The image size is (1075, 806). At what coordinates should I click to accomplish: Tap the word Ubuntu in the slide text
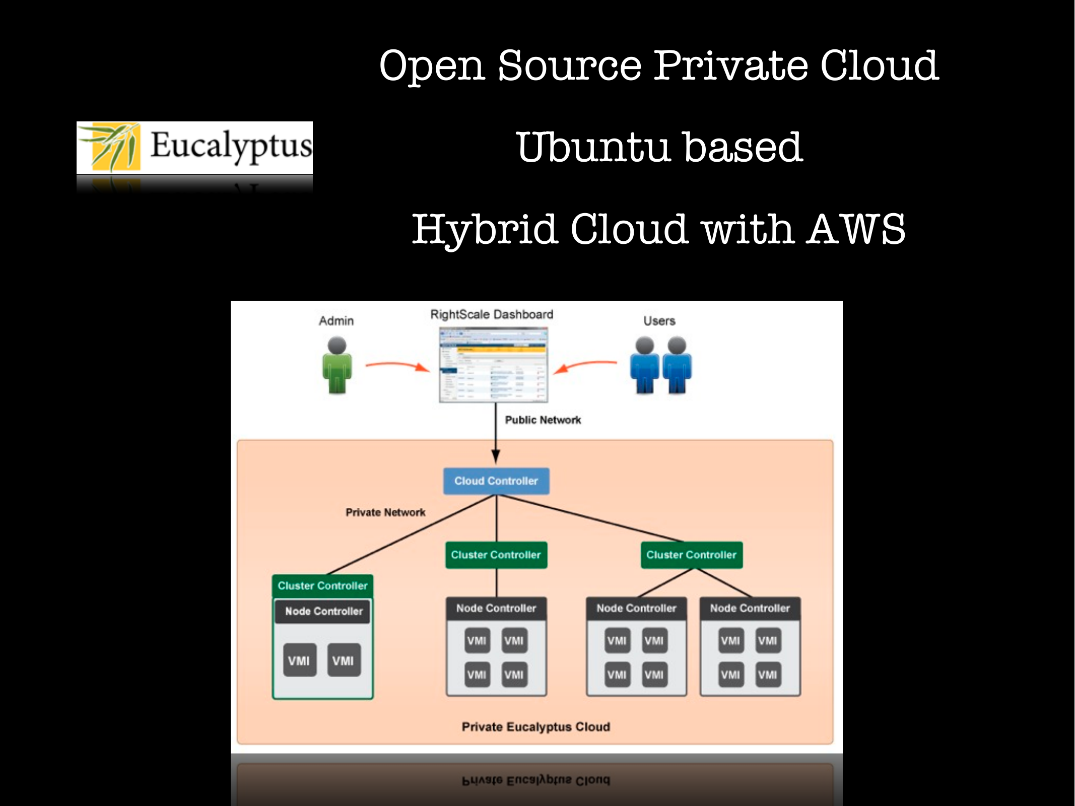pos(593,147)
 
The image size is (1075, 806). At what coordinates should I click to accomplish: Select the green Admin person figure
pos(337,366)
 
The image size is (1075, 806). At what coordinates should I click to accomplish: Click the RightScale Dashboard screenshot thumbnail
pos(493,365)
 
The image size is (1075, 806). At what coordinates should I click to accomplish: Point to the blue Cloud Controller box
pos(496,481)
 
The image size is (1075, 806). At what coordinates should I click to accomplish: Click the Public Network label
pos(543,420)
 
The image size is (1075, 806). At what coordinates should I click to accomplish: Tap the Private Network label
pos(385,512)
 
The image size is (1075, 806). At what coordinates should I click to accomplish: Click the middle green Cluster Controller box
pos(496,555)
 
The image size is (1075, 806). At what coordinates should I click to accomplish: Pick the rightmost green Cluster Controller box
pos(691,555)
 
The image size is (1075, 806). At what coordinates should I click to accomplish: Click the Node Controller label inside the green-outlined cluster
pos(323,611)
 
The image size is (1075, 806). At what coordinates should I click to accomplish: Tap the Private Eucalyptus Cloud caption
pos(536,727)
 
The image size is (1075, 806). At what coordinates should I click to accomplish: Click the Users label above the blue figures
pos(659,321)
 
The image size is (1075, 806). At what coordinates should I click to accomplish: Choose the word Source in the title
pos(569,65)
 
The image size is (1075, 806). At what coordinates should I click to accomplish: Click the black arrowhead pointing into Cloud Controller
pos(496,456)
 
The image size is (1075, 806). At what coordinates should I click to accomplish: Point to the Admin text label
pos(336,321)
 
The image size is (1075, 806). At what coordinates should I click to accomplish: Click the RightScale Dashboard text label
pos(492,314)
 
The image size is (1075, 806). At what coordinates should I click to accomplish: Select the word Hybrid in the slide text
pos(485,229)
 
